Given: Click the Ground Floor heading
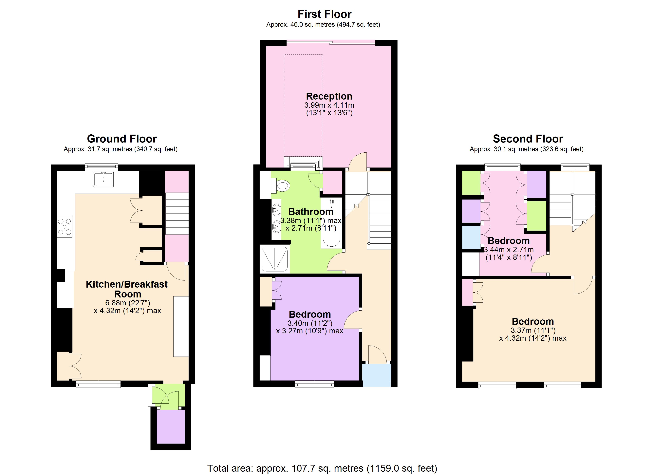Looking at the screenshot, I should pos(122,139).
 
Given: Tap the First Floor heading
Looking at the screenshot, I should pos(325,14).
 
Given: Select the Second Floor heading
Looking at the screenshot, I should pos(528,139).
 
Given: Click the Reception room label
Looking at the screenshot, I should pos(329,96).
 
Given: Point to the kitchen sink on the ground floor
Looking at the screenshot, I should pos(103,179).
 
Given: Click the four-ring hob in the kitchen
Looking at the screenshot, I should pos(65,226).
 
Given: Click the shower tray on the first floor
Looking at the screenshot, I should pos(274,258).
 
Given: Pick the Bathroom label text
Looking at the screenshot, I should pos(311,212).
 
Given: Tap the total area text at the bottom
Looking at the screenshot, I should pos(322,468).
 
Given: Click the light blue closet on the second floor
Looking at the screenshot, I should pos(471,237).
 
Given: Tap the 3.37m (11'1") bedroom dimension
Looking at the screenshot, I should pos(533,330).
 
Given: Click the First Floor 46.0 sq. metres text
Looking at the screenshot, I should pos(323,25).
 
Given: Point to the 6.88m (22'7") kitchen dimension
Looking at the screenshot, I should pos(128,303).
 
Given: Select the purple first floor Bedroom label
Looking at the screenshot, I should pos(310,314).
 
